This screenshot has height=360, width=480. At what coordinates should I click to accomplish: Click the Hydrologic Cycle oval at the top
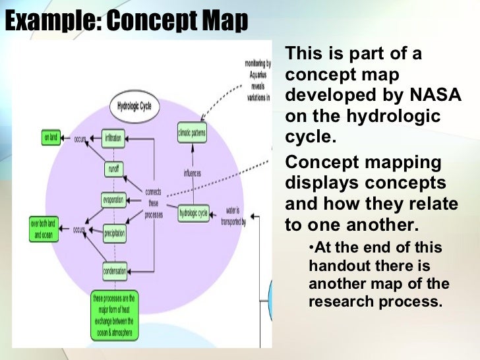(135, 108)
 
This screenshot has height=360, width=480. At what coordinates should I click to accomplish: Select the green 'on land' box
(50, 138)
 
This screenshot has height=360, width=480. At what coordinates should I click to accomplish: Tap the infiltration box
(113, 139)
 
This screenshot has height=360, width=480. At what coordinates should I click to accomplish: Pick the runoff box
(113, 169)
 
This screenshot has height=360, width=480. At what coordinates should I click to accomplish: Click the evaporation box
(113, 200)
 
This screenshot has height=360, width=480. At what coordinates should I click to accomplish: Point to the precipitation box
(114, 232)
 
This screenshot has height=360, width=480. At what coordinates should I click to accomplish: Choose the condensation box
(115, 270)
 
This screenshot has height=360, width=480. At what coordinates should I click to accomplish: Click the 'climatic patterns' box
(192, 134)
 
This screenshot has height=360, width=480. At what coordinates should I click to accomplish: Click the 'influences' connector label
(193, 174)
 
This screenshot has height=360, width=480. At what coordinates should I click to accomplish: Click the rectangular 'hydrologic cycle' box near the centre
(193, 213)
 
